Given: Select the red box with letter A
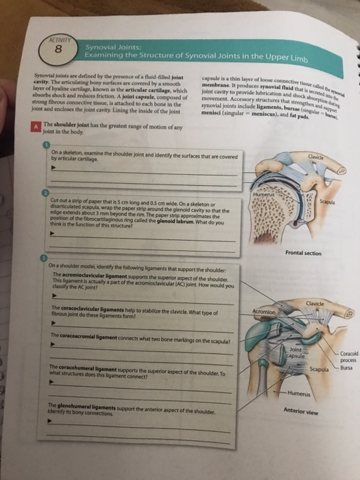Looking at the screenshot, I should (33, 127).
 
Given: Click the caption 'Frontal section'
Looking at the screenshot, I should (303, 253).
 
